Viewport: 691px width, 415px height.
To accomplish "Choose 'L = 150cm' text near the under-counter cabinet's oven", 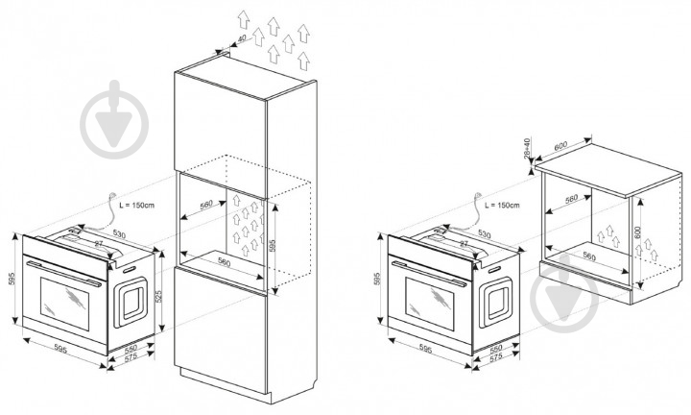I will click(x=503, y=206).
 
